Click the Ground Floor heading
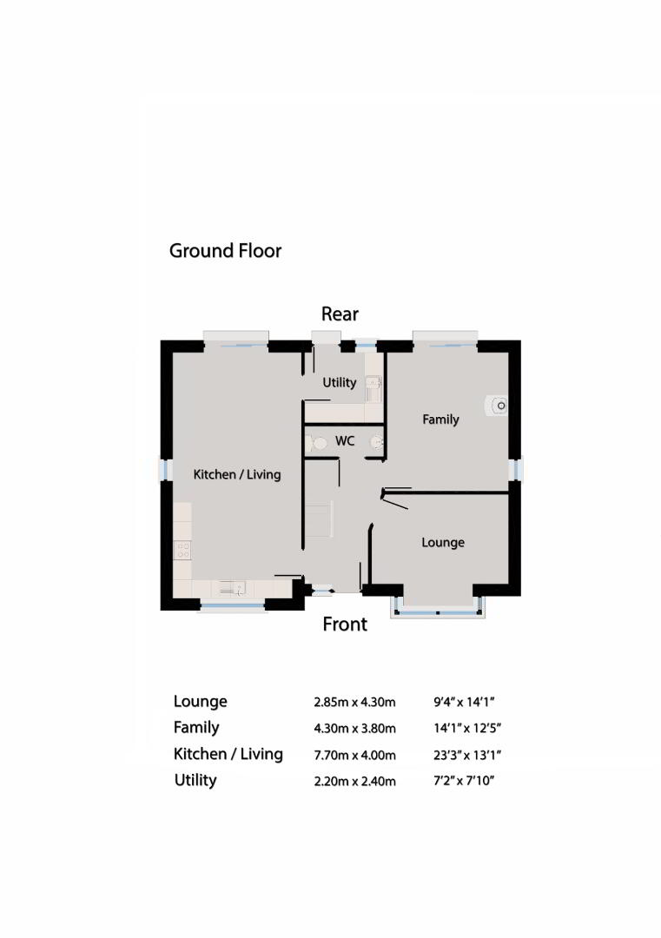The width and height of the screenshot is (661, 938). [x=225, y=251]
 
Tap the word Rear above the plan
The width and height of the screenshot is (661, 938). [x=340, y=314]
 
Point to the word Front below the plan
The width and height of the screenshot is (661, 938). [x=345, y=624]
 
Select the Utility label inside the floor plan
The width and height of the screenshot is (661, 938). [x=339, y=383]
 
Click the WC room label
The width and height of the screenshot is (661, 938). [x=345, y=441]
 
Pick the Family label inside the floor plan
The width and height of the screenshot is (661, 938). [x=440, y=419]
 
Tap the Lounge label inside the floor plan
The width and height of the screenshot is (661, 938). [x=443, y=543]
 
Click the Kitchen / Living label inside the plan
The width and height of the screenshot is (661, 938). [x=237, y=474]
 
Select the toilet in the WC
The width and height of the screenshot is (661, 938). [x=316, y=443]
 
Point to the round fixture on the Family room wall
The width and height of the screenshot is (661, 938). [x=497, y=406]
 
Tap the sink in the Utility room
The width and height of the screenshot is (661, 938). [x=373, y=387]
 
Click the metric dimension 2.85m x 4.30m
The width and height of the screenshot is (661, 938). [x=354, y=703]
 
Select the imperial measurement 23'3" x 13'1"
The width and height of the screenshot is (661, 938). [x=467, y=755]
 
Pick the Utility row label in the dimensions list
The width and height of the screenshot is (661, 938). [x=195, y=780]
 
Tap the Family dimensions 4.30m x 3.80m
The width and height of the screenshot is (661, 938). [x=354, y=729]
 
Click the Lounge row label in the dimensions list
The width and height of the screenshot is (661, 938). [x=201, y=701]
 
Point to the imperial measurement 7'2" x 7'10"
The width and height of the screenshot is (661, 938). [x=464, y=781]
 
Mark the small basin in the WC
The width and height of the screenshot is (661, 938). [x=376, y=443]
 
